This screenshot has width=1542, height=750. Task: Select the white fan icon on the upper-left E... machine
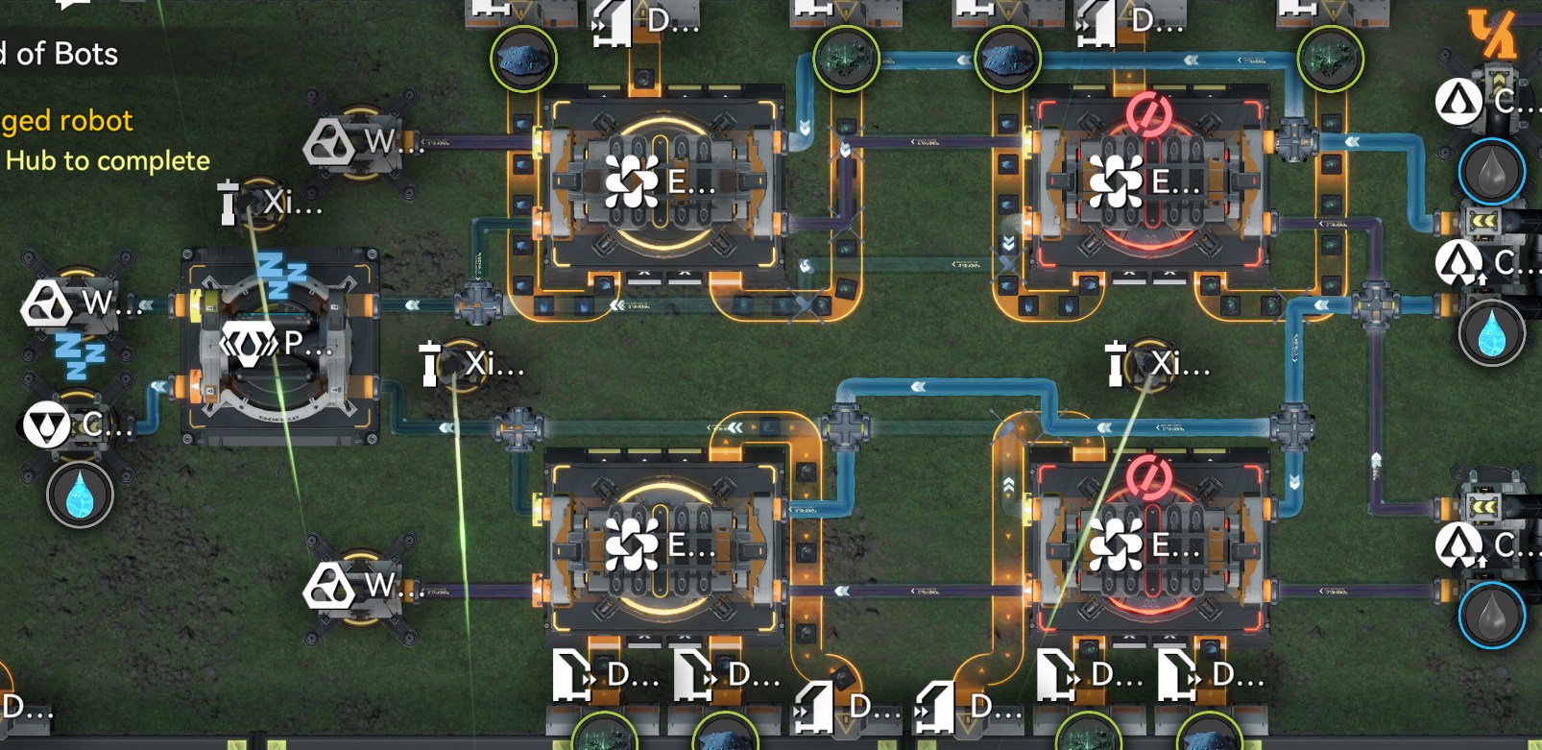[632, 181]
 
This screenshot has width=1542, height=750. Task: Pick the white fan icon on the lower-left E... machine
[632, 545]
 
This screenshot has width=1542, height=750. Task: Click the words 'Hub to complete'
[108, 160]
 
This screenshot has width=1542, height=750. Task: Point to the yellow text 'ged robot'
[66, 121]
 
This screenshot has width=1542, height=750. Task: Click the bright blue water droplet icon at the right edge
[1491, 334]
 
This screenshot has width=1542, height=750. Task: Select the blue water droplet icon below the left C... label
[80, 496]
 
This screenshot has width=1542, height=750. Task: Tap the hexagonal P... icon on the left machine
[250, 343]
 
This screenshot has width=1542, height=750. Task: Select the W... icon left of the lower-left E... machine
[329, 585]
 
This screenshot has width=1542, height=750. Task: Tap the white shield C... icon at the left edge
[45, 424]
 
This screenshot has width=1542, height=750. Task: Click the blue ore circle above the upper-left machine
[523, 59]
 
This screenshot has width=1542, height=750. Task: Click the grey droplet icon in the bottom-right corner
[1491, 616]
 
